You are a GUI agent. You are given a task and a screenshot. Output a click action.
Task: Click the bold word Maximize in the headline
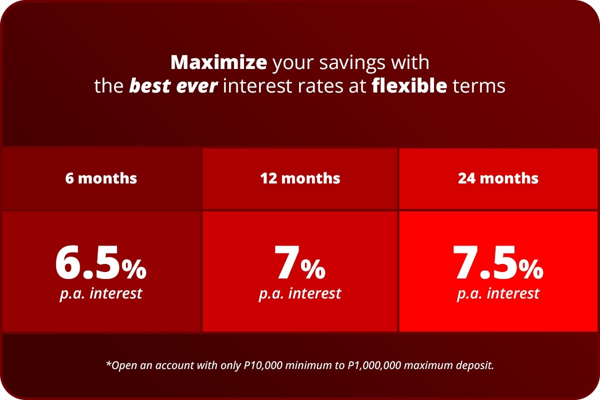coord(219,62)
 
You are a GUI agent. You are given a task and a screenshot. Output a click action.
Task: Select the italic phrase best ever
coord(173,85)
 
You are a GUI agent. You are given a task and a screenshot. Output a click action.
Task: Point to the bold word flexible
coord(409,85)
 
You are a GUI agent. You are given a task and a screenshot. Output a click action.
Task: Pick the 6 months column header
coord(101,178)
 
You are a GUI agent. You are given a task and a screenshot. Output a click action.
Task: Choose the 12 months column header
coord(300,178)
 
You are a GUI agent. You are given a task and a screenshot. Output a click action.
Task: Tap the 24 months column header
coord(498,178)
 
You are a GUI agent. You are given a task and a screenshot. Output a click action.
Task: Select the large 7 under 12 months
coord(286,262)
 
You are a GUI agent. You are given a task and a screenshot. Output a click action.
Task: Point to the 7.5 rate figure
coord(484,262)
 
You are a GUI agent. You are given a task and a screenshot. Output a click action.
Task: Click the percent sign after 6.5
coord(134,269)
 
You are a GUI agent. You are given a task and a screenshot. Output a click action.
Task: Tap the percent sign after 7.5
coord(531,269)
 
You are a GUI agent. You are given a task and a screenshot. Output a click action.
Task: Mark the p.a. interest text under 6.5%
coord(101,294)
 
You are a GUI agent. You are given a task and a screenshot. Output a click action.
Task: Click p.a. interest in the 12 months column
coord(300,294)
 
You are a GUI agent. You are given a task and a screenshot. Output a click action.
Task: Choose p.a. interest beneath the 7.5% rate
coord(498,294)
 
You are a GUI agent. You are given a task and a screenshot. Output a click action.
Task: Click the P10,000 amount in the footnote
coord(263,365)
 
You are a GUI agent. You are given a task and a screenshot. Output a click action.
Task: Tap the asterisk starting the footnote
coord(108,363)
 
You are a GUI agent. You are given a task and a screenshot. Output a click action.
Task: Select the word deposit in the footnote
coord(475,366)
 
